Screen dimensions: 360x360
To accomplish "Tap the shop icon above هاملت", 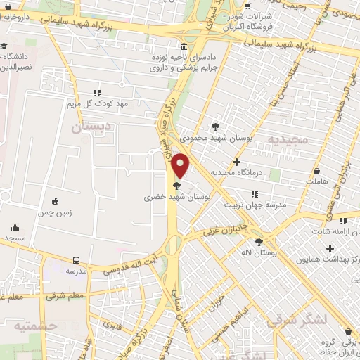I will pos(316,171).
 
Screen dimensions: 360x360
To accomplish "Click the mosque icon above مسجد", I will pos(15,227).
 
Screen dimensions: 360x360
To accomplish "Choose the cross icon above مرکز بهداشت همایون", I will pos(330,248).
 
